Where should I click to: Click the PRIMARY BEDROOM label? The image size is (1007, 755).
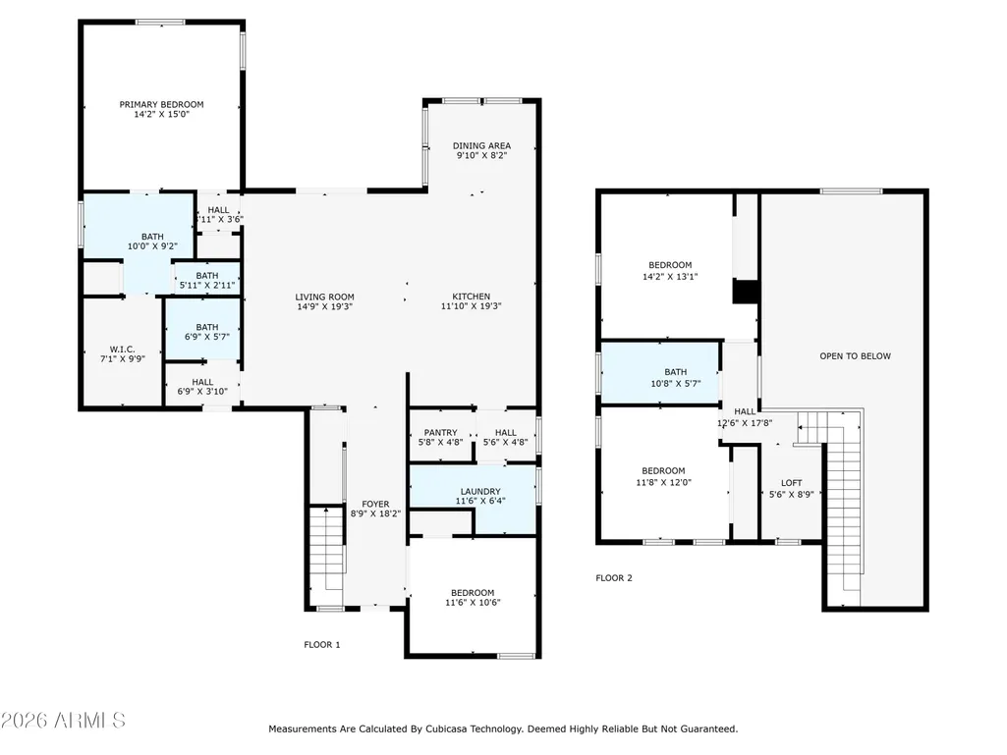[161, 104]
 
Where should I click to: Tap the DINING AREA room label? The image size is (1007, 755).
[481, 145]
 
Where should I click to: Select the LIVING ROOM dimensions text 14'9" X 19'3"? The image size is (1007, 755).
[324, 307]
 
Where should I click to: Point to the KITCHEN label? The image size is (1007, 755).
[472, 297]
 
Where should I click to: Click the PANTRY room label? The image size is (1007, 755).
[440, 433]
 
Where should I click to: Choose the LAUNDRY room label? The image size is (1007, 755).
[480, 492]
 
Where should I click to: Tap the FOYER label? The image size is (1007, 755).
[375, 505]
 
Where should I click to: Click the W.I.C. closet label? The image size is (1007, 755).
[122, 350]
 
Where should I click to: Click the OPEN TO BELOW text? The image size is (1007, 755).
[856, 356]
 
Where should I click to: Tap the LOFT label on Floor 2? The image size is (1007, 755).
[791, 483]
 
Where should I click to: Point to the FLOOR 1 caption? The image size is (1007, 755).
[322, 645]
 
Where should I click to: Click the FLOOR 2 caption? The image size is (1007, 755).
[614, 578]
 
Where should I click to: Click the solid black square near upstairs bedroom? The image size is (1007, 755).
[746, 292]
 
